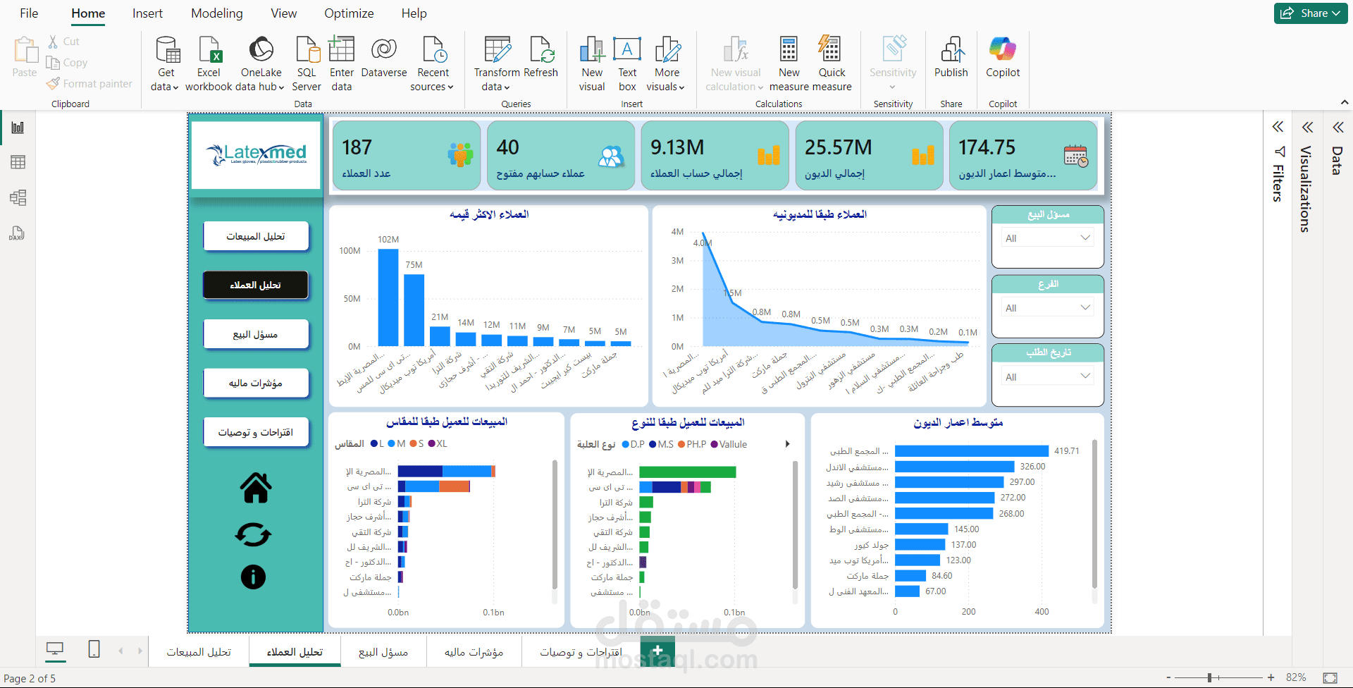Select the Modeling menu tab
coord(216,13)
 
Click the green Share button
coord(1310,13)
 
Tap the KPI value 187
coord(357,147)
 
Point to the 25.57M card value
coord(838,147)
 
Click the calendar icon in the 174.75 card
coord(1075,156)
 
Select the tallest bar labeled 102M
coord(388,297)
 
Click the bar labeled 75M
coord(414,309)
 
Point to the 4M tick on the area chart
coord(677,232)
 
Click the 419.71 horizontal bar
coord(972,451)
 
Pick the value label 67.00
coord(936,591)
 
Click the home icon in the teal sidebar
coord(256,488)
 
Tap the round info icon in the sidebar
coord(254,577)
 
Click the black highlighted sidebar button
coord(256,285)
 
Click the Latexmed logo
coord(256,154)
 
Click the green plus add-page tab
coord(657,651)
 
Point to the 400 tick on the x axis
coord(1042,612)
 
